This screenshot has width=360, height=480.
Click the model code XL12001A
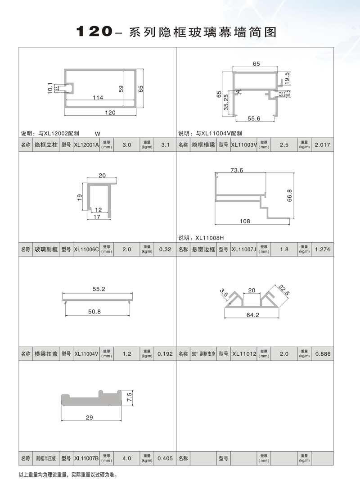point(86,145)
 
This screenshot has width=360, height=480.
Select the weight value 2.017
point(323,145)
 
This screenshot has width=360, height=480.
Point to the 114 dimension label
point(98,97)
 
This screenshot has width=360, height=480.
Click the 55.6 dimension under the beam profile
point(254,118)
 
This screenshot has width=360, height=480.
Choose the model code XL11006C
point(86,249)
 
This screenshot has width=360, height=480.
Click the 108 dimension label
point(244,221)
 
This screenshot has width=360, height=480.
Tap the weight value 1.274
point(323,249)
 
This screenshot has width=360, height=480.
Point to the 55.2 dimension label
point(99,289)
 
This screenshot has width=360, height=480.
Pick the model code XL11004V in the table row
point(86,354)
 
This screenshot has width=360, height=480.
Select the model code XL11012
point(243,354)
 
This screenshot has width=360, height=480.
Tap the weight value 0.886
point(323,354)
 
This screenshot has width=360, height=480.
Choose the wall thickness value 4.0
point(127,458)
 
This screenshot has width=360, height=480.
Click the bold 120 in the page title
point(93,32)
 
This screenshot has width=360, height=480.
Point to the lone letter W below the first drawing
point(98,133)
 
